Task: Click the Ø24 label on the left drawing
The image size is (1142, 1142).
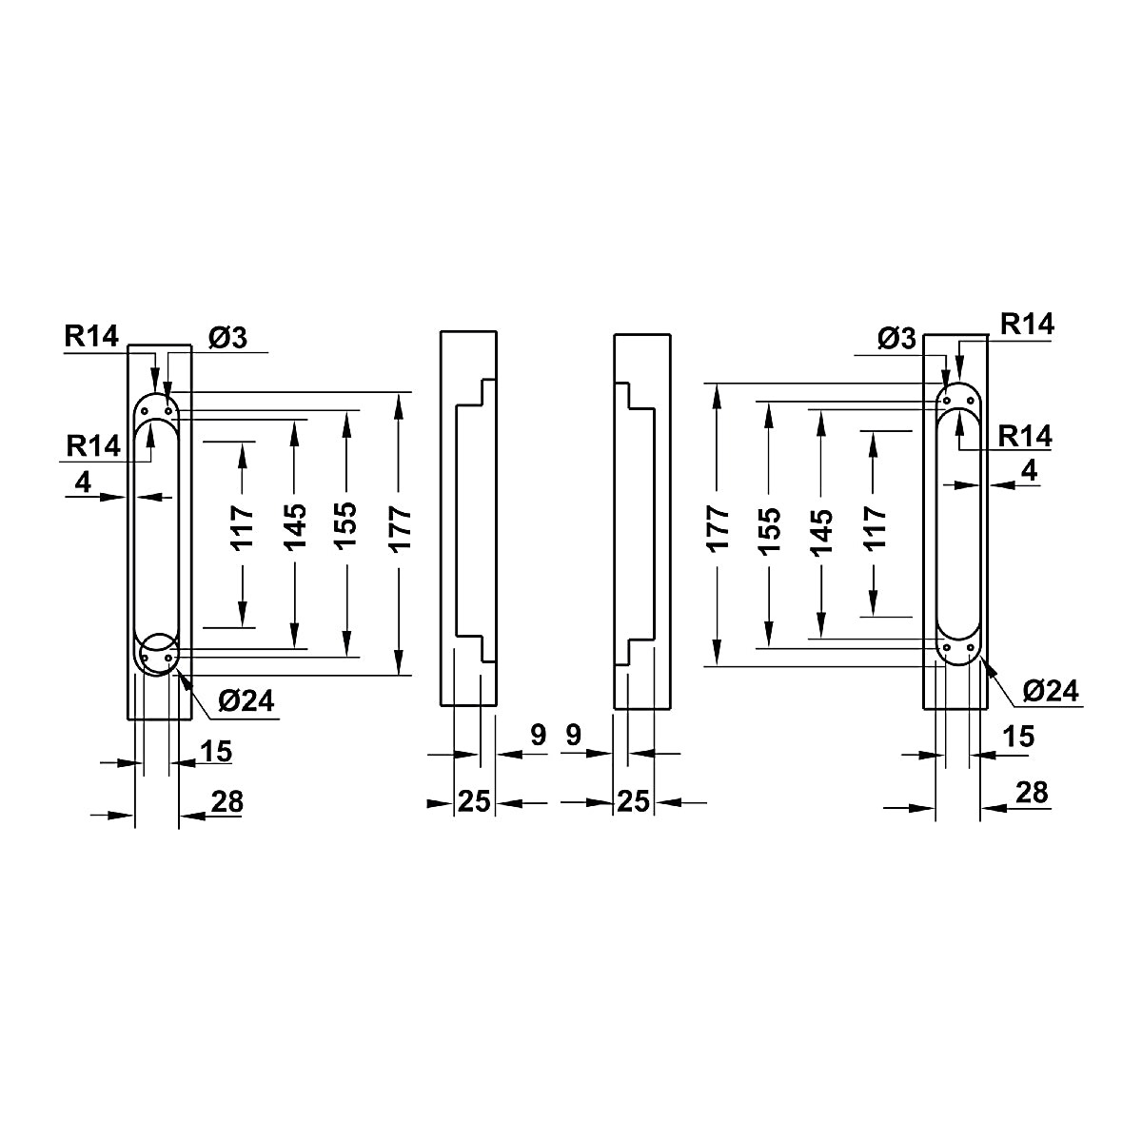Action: click(x=246, y=701)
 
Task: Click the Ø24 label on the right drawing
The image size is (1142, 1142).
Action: click(x=1051, y=691)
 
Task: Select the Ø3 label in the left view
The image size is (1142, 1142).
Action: click(x=227, y=338)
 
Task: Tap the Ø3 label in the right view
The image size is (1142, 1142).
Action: click(x=896, y=339)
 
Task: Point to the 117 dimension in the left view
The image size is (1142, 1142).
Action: click(x=243, y=528)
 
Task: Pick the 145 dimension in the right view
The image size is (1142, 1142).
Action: click(x=820, y=532)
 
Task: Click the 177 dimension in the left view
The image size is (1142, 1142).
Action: click(x=400, y=529)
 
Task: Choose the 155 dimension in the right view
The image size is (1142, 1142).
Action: click(x=769, y=531)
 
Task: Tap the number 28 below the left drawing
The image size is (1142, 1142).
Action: click(x=227, y=802)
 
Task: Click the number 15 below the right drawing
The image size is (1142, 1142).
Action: click(x=1018, y=737)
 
